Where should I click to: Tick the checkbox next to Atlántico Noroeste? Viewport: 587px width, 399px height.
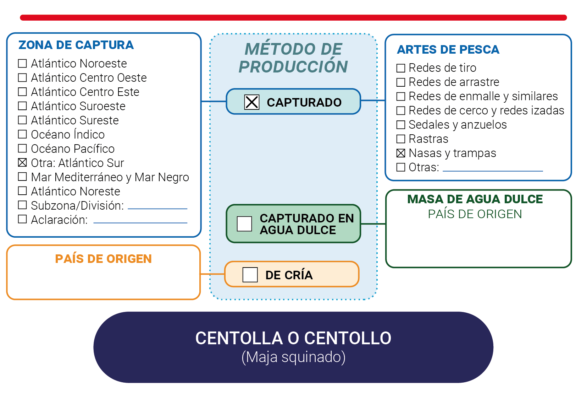[22, 63]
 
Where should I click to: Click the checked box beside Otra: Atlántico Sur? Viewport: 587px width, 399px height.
[22, 162]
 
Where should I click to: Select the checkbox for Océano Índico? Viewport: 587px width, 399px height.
[22, 134]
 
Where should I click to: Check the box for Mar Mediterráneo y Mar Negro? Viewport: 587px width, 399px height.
[22, 177]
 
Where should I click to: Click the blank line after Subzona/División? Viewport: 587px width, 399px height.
[157, 209]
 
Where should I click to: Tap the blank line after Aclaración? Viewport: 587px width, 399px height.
[140, 223]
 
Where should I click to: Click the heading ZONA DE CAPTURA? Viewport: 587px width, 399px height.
[76, 45]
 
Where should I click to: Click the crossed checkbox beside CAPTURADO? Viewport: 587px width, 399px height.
[251, 102]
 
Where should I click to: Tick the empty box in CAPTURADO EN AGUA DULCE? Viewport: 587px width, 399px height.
[244, 223]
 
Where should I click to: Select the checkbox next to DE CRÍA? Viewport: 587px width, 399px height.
[250, 275]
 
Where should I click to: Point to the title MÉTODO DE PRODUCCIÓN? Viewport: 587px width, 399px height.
[293, 58]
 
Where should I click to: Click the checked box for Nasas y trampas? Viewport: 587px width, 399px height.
[401, 153]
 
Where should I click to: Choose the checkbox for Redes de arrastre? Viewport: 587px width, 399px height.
[401, 82]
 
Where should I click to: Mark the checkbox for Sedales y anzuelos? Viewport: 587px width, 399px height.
[401, 125]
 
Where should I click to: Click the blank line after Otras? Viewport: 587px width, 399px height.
[493, 171]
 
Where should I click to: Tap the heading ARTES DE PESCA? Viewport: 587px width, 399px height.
[448, 50]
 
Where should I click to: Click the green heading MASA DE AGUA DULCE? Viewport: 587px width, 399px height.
[475, 199]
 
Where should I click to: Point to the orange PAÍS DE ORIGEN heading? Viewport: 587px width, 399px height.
[103, 259]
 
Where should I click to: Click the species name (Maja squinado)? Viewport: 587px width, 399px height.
[294, 357]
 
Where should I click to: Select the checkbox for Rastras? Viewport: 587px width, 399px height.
[401, 139]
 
